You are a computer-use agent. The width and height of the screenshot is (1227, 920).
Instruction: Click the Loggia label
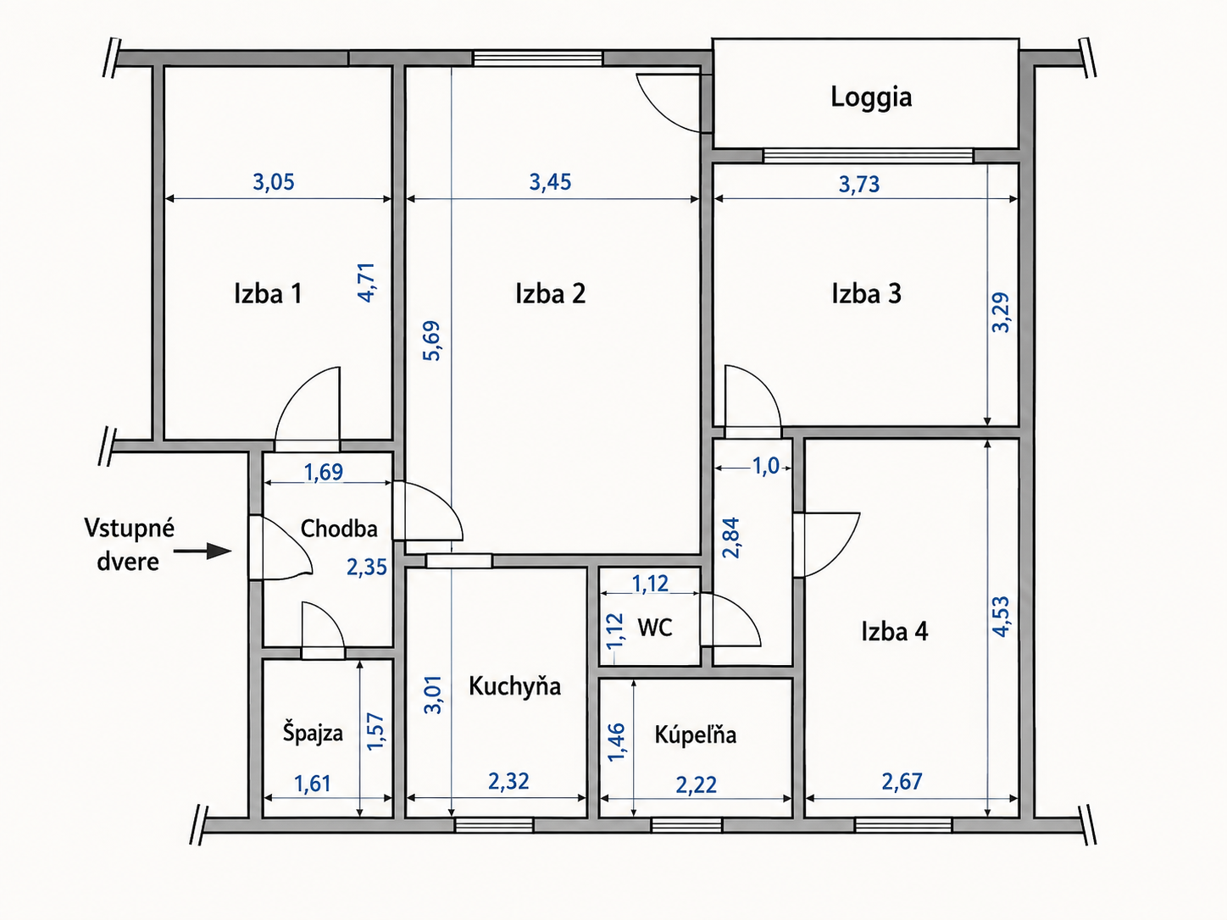click(871, 97)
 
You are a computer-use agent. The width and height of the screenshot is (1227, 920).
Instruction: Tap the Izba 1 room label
click(268, 294)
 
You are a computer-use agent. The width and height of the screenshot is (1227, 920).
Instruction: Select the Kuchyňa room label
click(515, 686)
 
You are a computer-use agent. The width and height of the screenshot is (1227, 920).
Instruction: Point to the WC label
click(654, 628)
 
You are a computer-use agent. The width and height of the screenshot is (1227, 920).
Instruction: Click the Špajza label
click(313, 733)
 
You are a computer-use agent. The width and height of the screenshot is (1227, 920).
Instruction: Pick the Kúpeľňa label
click(696, 734)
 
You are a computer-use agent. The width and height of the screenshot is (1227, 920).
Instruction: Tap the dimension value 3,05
click(274, 182)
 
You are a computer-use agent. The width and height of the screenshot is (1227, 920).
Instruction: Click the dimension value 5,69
click(431, 341)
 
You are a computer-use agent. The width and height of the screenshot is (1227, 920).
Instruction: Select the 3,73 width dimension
click(858, 185)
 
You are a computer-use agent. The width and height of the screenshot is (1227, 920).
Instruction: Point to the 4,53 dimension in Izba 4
click(1001, 617)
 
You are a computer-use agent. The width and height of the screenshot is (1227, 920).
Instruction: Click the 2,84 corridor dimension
click(730, 537)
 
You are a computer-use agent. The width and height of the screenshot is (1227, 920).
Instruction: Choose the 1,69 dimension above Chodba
click(323, 472)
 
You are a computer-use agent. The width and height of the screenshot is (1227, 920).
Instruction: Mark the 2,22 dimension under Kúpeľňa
click(696, 785)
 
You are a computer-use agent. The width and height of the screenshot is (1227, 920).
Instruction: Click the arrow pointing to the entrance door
click(203, 551)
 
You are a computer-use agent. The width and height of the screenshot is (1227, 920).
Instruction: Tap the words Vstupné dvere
click(130, 545)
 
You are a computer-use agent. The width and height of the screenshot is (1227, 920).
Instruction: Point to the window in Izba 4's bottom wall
click(903, 825)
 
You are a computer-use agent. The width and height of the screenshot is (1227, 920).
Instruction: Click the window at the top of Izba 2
click(538, 58)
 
